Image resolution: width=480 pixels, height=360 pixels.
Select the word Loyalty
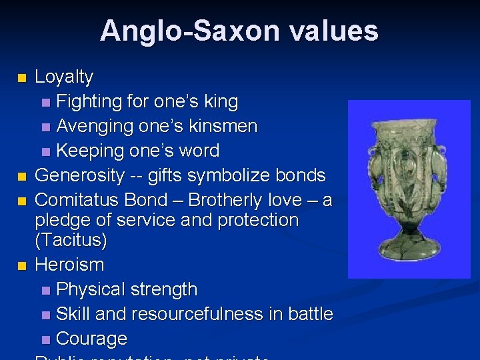pos(64,77)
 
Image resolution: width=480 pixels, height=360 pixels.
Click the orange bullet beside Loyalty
pos(23,78)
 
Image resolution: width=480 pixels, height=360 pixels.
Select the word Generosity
pos(79,175)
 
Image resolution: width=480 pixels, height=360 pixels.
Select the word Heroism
pos(69,265)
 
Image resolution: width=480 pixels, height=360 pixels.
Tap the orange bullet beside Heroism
pos(23,266)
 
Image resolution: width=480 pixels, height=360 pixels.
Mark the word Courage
pos(91,339)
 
